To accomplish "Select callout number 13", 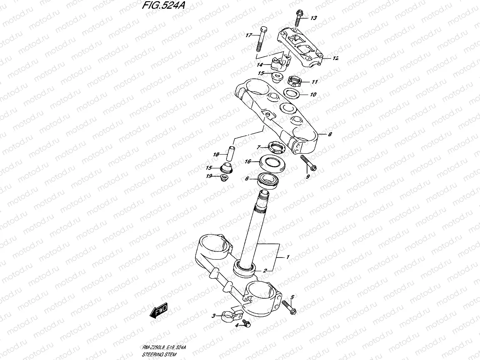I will click(x=313, y=18).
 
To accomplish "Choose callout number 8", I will click(x=330, y=134).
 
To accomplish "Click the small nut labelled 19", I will click(x=224, y=179).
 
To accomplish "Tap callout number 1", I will click(x=287, y=257).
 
